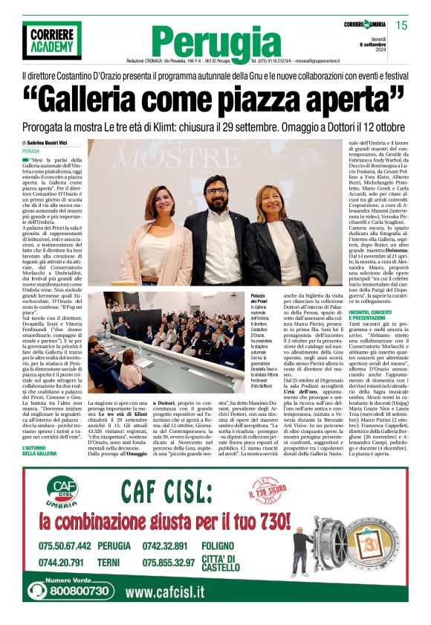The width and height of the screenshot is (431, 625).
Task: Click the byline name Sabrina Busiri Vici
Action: [x=49, y=142]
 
